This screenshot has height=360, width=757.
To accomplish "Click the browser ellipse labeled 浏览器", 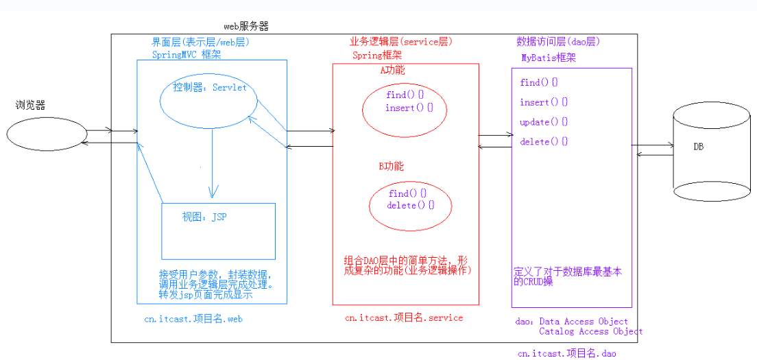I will point(47,134).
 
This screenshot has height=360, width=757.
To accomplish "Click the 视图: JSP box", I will point(218,230).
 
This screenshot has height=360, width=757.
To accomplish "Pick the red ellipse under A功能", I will point(404,110).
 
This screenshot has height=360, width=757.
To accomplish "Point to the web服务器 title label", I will point(246,26).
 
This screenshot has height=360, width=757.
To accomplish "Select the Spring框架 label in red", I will point(377,55).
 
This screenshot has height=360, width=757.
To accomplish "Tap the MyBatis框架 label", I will point(549,58).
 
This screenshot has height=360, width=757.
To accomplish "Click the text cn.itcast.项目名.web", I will point(193,319).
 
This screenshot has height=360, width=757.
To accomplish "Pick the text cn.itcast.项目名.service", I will point(404,317).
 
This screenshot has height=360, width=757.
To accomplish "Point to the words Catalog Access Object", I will point(590,331).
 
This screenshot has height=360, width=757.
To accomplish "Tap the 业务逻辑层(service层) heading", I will point(402,42).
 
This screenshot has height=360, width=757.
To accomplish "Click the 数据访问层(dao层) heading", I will point(558,42).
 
